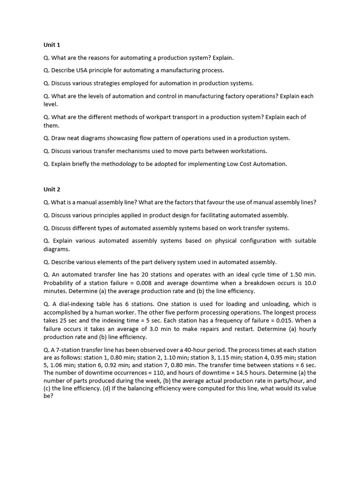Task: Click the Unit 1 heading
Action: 52,45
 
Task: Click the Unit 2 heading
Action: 52,189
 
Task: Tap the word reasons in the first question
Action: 105,58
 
